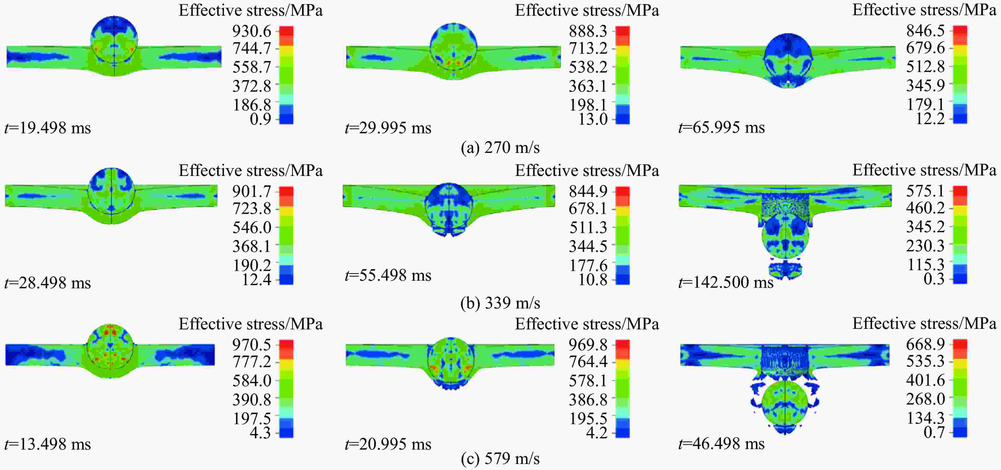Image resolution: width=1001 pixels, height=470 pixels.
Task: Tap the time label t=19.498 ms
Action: [x=48, y=128]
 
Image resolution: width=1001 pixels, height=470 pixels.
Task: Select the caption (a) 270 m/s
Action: [x=500, y=147]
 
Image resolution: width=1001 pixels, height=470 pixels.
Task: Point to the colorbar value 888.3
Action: [x=588, y=31]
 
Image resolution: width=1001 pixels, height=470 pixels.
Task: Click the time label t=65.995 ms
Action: [x=722, y=127]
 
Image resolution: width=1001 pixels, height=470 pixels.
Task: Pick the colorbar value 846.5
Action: [x=925, y=30]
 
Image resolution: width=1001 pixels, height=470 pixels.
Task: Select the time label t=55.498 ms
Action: [x=388, y=275]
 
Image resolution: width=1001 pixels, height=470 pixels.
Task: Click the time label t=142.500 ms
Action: [x=726, y=282]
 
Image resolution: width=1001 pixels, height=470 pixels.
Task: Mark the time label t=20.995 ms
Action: [x=388, y=444]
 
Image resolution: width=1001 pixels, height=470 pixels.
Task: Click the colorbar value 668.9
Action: [x=925, y=344]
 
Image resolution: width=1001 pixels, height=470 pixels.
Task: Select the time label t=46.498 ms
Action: [x=722, y=444]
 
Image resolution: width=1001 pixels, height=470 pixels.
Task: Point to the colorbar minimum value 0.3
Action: [x=934, y=279]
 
